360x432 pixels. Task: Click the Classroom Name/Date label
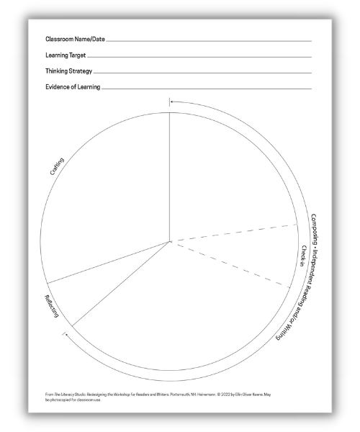75,39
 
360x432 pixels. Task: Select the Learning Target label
66,55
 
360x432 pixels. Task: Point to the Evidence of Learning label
73,87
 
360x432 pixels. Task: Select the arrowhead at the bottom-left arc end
66,333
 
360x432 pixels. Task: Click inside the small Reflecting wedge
68,295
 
